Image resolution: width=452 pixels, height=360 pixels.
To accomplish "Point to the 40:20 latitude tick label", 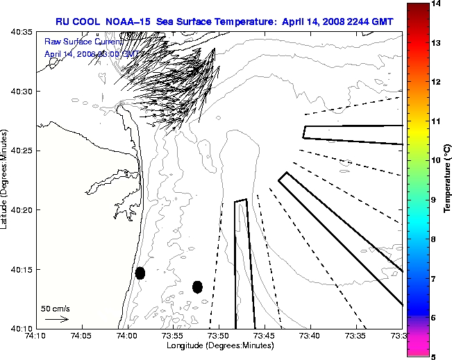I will click(x=19, y=209).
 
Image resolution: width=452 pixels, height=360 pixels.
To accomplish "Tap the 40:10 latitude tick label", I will click(x=19, y=328).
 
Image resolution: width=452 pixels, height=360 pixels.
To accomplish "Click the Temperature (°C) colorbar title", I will click(x=448, y=180).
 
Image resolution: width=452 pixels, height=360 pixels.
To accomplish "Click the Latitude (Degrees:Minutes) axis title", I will click(x=6, y=180).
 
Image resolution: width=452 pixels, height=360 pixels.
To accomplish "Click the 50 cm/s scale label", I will click(x=56, y=308).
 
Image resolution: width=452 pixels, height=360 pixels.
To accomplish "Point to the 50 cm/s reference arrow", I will click(x=56, y=319).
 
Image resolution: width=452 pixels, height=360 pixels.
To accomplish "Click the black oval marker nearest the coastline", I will click(x=140, y=273).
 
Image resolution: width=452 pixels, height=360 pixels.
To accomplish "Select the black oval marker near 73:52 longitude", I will click(x=197, y=286).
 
